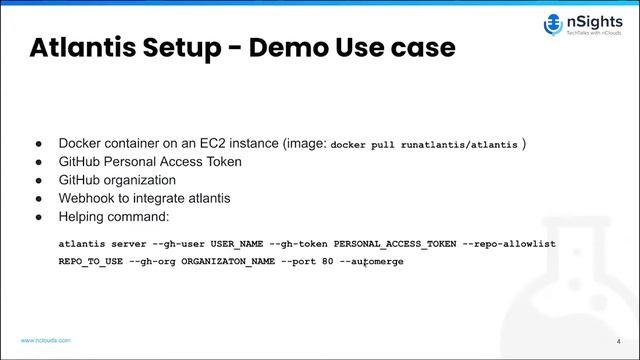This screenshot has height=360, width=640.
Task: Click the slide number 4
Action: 618,340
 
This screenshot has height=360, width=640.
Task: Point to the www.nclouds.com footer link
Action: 46,340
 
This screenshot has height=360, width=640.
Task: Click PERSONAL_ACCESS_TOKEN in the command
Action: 396,243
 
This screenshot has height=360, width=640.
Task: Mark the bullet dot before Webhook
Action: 39,198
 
